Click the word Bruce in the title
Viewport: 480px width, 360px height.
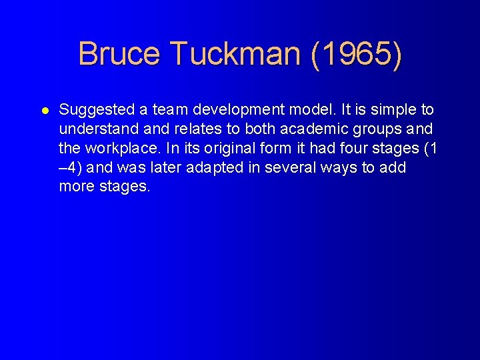pos(119,53)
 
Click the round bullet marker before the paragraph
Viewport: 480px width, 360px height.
pos(44,110)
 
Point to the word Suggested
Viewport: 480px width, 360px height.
pos(93,109)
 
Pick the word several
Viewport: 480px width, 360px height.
pos(290,167)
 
